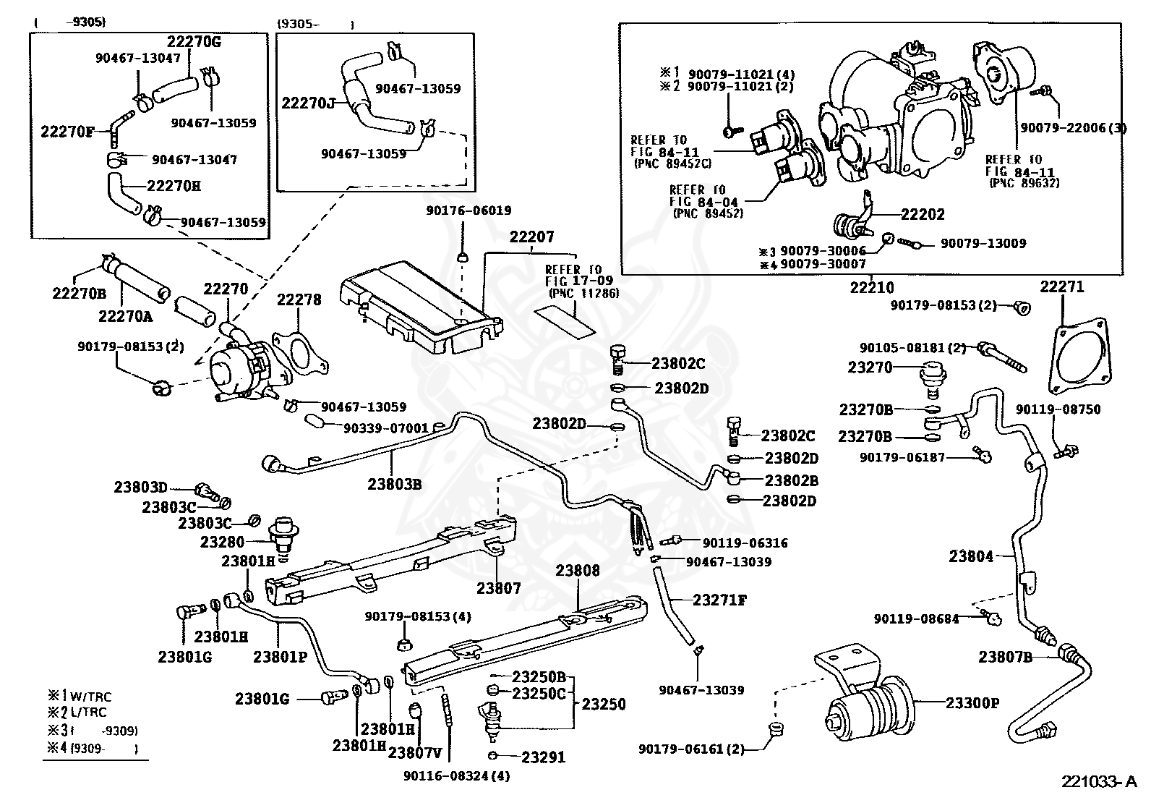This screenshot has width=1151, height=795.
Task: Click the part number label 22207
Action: pyautogui.click(x=532, y=237)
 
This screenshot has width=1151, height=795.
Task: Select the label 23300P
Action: pyautogui.click(x=972, y=703)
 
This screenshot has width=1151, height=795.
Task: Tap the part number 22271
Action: pyautogui.click(x=1062, y=287)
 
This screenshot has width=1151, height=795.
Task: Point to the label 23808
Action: pyautogui.click(x=578, y=570)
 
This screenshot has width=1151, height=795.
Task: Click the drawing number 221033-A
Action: pyautogui.click(x=1099, y=782)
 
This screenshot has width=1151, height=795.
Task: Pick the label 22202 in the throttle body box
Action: pyautogui.click(x=923, y=214)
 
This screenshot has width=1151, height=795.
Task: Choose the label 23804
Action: pyautogui.click(x=971, y=556)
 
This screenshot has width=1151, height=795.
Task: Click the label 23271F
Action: pyautogui.click(x=719, y=600)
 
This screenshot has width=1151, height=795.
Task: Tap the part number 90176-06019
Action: pyautogui.click(x=468, y=211)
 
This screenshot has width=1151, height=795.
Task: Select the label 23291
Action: pyautogui.click(x=543, y=757)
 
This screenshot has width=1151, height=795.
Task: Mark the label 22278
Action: pyautogui.click(x=299, y=299)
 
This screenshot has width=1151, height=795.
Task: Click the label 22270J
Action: pyautogui.click(x=308, y=103)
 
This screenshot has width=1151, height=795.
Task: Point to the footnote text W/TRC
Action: pyautogui.click(x=90, y=697)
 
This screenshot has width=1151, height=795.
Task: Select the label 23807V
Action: pyautogui.click(x=415, y=753)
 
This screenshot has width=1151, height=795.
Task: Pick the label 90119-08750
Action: pyautogui.click(x=1058, y=409)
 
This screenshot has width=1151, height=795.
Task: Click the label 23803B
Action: pyautogui.click(x=395, y=485)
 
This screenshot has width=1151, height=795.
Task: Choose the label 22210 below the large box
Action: pyautogui.click(x=872, y=287)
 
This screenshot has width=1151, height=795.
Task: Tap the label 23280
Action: pyautogui.click(x=222, y=542)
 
